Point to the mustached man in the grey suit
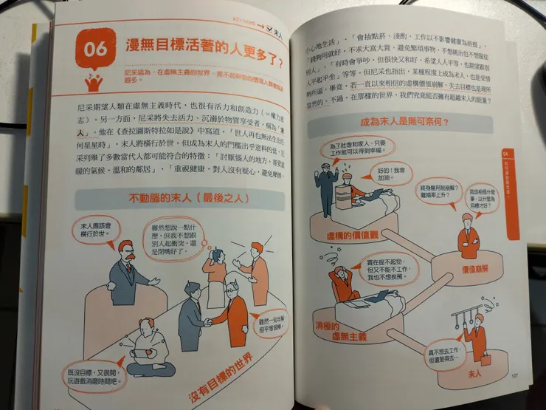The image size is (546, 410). [x=127, y=273]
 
